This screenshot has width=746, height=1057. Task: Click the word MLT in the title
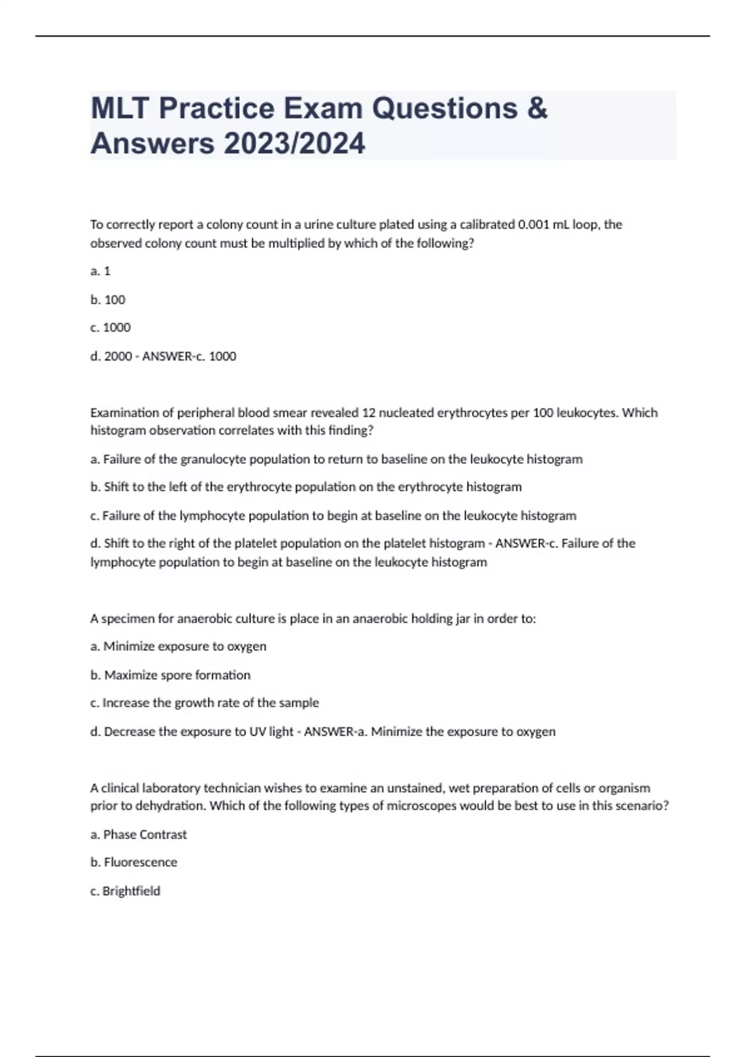click(121, 108)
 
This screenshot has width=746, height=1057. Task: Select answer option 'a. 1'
click(101, 271)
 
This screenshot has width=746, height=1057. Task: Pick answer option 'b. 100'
click(108, 300)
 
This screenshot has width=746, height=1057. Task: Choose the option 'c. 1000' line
click(111, 328)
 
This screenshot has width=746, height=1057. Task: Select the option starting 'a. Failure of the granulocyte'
click(336, 459)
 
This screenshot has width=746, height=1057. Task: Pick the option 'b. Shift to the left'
click(306, 487)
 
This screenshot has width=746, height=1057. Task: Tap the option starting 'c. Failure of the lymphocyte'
click(333, 515)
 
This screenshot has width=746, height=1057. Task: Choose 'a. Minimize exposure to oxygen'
click(178, 647)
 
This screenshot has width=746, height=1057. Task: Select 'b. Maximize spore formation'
click(170, 675)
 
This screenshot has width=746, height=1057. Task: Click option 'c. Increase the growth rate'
click(205, 703)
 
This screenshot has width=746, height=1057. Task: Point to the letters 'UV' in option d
click(257, 732)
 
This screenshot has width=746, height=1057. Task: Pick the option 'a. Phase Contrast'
click(139, 834)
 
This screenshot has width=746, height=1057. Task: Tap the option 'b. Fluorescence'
click(134, 862)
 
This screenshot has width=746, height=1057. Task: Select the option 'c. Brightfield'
click(125, 891)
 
